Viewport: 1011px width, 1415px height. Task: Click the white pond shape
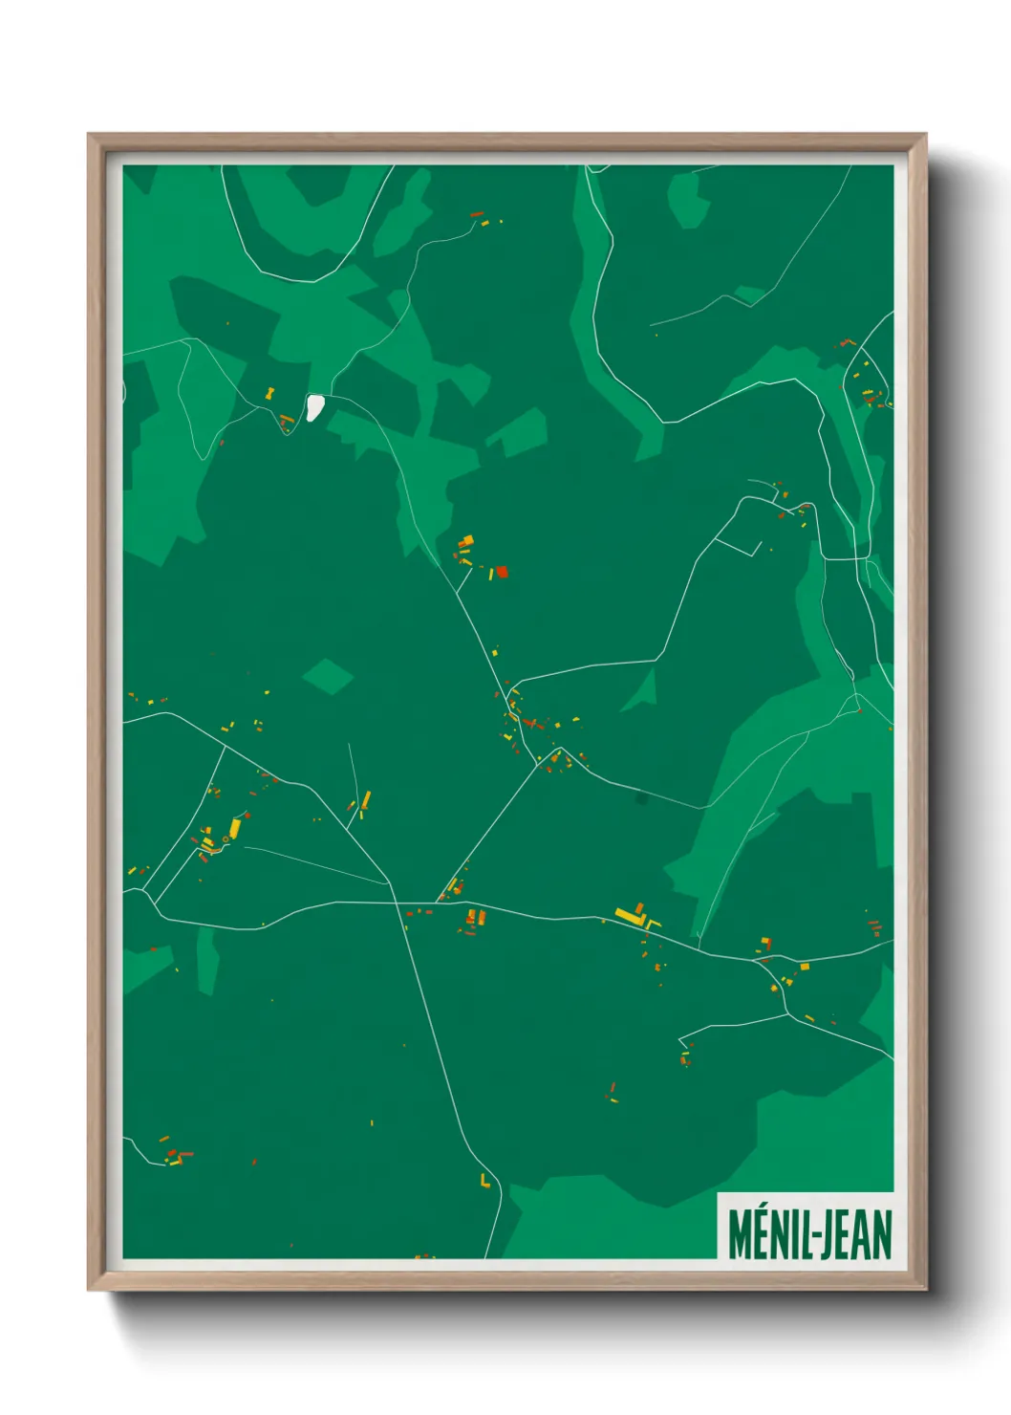(x=313, y=407)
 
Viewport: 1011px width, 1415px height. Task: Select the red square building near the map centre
(x=502, y=572)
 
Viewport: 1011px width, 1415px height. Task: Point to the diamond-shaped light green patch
(x=328, y=676)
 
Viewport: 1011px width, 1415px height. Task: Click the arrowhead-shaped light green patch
(x=641, y=690)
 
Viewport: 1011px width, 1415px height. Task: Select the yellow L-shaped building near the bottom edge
(x=485, y=1181)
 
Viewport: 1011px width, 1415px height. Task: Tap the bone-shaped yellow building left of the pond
(x=270, y=392)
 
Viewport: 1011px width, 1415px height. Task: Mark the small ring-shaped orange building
(x=226, y=838)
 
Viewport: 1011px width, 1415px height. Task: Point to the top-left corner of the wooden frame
(x=91, y=137)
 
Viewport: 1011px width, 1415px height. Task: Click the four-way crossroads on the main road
(x=395, y=902)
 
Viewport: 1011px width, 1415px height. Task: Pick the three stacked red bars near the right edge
(x=873, y=927)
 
